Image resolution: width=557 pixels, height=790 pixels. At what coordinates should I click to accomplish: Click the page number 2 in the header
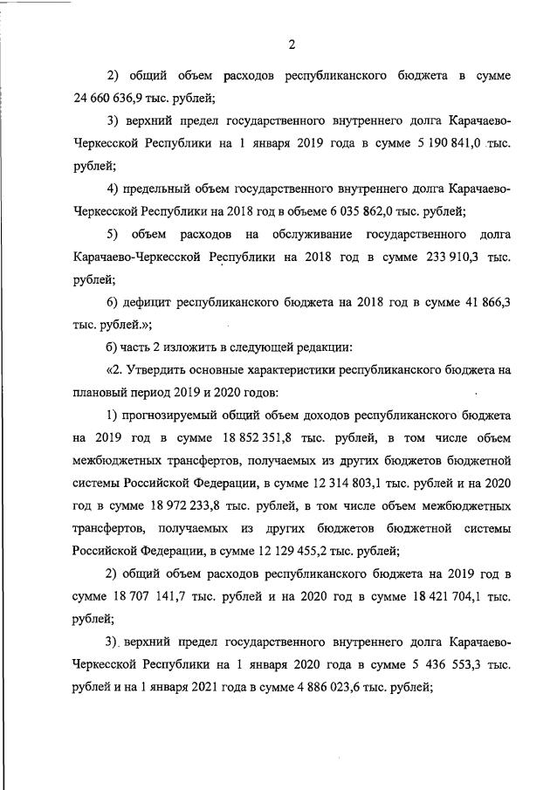[x=292, y=45]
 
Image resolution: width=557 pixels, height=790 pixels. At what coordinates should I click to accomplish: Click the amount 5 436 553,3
[x=437, y=665]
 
